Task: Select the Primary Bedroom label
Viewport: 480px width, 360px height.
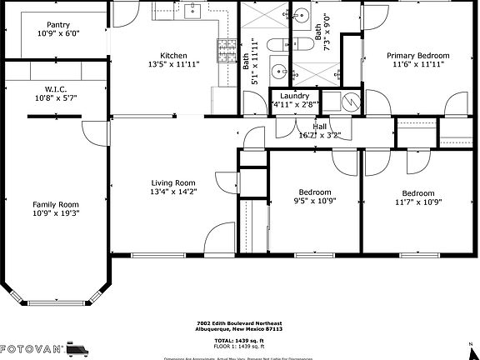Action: pyautogui.click(x=417, y=56)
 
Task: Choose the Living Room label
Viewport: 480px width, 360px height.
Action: pyautogui.click(x=172, y=183)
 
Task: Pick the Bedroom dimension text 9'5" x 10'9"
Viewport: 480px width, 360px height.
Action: pyautogui.click(x=313, y=201)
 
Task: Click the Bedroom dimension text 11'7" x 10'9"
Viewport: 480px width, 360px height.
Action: pyautogui.click(x=417, y=201)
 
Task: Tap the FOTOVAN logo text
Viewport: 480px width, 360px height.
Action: pyautogui.click(x=31, y=348)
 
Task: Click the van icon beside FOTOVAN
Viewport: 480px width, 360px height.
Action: pyautogui.click(x=78, y=347)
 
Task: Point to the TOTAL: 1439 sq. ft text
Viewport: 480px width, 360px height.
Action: pyautogui.click(x=240, y=341)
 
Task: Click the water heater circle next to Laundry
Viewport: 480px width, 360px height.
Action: pyautogui.click(x=352, y=102)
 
